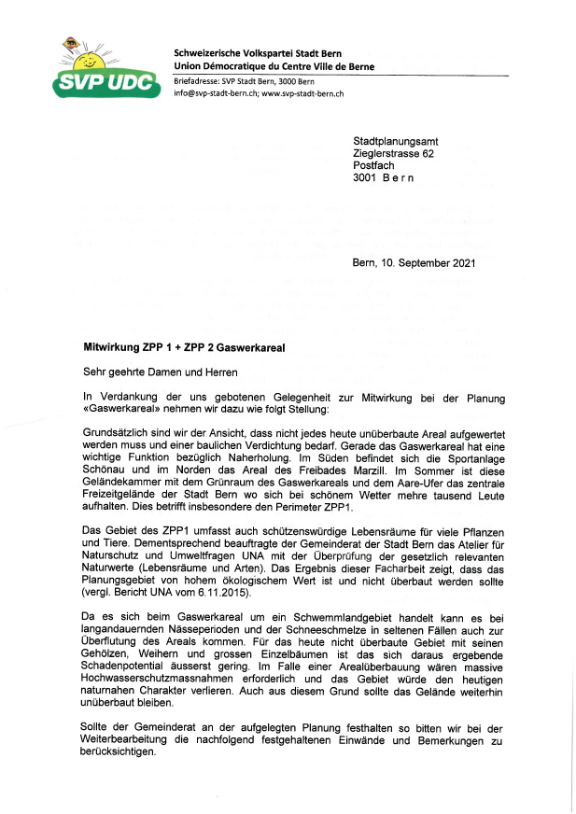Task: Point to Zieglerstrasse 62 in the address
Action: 393,153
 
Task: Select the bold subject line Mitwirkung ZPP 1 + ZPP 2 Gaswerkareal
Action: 184,347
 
